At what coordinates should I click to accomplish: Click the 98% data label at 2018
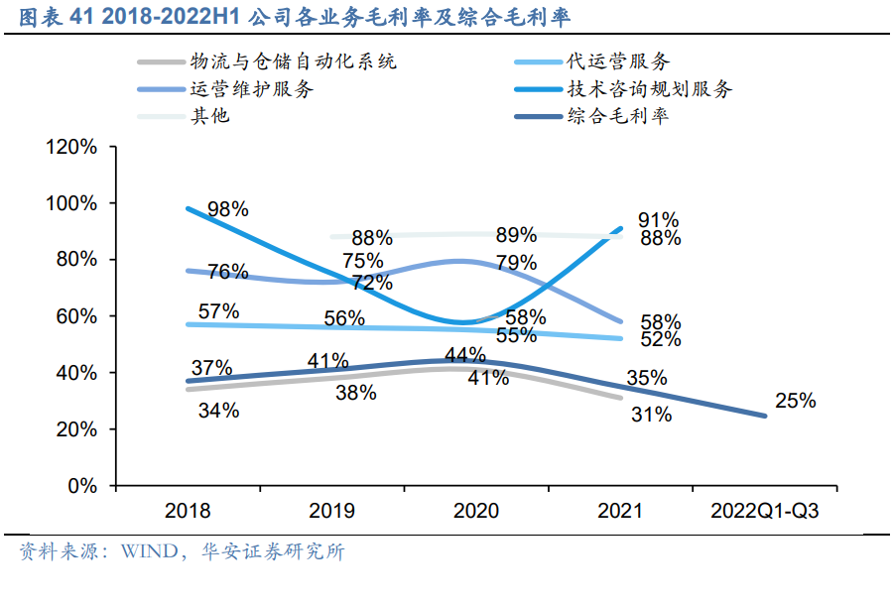pyautogui.click(x=228, y=209)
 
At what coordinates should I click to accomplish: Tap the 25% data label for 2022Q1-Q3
pyautogui.click(x=796, y=401)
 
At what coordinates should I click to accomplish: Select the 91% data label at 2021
pyautogui.click(x=659, y=219)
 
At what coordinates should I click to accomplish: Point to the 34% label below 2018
pyautogui.click(x=218, y=410)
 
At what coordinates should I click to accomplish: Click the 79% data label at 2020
pyautogui.click(x=516, y=263)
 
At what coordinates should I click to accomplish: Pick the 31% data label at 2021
pyautogui.click(x=651, y=415)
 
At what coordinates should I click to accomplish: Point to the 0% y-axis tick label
pyautogui.click(x=80, y=487)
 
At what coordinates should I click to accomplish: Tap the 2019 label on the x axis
pyautogui.click(x=332, y=512)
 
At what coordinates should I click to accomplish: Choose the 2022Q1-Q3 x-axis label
pyautogui.click(x=765, y=512)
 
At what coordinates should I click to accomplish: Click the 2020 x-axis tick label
pyautogui.click(x=476, y=512)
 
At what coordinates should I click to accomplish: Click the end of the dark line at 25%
pyautogui.click(x=764, y=416)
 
